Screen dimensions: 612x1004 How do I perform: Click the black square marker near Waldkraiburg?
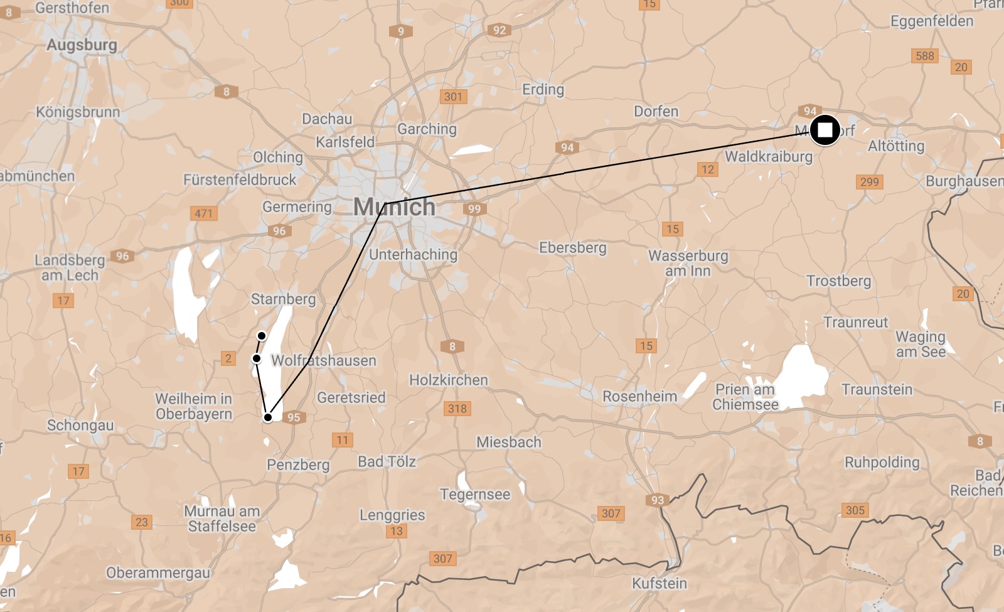click(825, 131)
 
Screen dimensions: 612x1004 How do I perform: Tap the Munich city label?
click(394, 207)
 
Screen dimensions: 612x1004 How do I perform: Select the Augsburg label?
click(82, 45)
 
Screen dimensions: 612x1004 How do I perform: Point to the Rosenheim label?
click(639, 396)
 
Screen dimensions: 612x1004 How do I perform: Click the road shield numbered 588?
click(924, 56)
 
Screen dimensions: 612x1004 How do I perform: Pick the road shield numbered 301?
click(453, 97)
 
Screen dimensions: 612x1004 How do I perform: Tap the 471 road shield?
click(203, 213)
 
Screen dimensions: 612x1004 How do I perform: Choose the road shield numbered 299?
click(869, 182)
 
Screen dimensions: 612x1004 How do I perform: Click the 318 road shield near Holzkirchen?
click(457, 409)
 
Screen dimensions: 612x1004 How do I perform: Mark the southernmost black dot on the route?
click(268, 417)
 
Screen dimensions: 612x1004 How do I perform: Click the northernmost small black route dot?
click(262, 336)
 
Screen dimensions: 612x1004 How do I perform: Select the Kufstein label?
click(659, 583)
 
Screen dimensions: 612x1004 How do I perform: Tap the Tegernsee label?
click(475, 494)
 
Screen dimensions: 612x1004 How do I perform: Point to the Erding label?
click(543, 90)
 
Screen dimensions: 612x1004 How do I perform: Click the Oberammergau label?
click(158, 572)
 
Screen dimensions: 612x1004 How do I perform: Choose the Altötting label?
click(896, 146)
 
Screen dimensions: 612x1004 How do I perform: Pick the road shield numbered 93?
click(657, 500)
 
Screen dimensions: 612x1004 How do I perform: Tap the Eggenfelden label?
click(932, 21)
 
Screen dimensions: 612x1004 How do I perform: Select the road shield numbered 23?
click(142, 522)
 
